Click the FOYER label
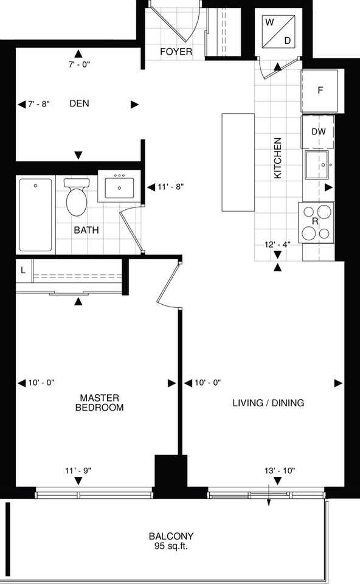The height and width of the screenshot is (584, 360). pos(176,52)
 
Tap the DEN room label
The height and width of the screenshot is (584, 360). pos(79,104)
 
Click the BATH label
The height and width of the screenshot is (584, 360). pos(86,231)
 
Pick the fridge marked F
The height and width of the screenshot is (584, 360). pos(320,91)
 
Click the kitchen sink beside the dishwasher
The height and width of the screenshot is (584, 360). pos(318,164)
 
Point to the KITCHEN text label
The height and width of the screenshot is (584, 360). pos(278,158)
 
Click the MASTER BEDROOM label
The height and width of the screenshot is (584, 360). pos(99,403)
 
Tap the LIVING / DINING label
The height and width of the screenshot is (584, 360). pos(269,403)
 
